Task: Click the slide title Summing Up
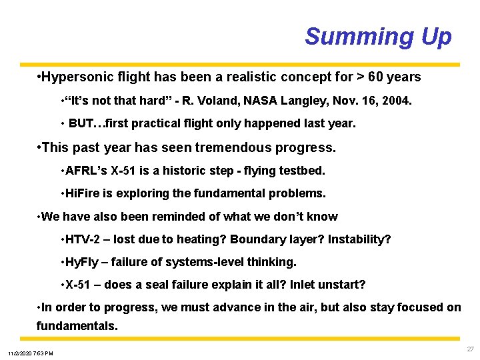pos(378,37)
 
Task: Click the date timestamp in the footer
pos(30,353)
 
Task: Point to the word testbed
pos(303,171)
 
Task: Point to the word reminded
pos(170,217)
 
